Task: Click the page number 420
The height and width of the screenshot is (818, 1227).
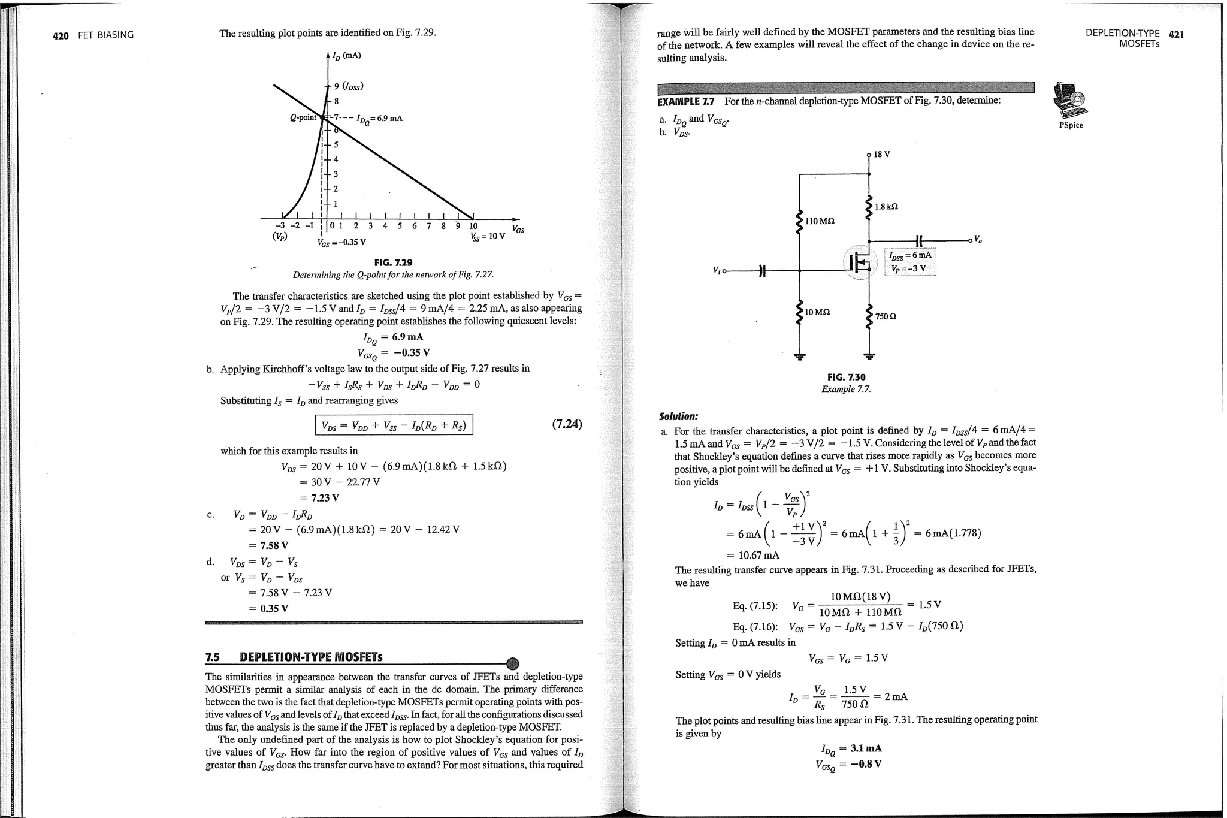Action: (x=61, y=35)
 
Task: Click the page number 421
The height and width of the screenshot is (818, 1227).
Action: (x=1176, y=34)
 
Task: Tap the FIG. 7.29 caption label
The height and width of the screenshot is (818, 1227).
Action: (x=393, y=262)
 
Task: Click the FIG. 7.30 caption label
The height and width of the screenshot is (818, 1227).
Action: (x=846, y=377)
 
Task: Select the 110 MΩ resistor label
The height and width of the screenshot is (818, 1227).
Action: (x=820, y=221)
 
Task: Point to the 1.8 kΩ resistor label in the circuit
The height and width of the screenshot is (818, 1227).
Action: (x=886, y=207)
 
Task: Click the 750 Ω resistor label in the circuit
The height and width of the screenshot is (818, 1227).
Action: (x=886, y=316)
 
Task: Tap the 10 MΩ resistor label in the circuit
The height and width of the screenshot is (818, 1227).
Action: (x=817, y=312)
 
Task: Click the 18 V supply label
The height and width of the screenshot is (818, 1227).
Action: (x=881, y=155)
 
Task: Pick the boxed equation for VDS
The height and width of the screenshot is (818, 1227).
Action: (x=394, y=425)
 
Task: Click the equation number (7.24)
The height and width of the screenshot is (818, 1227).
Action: (x=566, y=424)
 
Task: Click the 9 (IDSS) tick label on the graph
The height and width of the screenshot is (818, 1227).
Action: (x=349, y=86)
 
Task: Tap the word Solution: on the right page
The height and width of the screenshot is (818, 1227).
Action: (x=678, y=416)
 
